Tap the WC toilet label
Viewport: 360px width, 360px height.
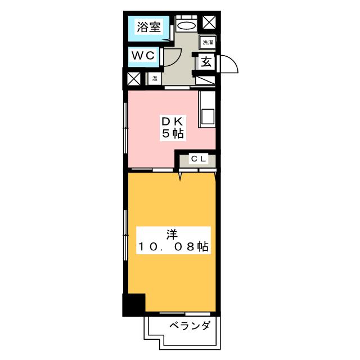click(143, 56)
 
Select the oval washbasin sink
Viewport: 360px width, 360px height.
click(186, 25)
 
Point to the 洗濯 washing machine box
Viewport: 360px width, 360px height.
click(208, 42)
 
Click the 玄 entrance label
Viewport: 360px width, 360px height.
click(206, 62)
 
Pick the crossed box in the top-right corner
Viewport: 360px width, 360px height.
click(209, 22)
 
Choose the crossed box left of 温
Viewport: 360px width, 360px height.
click(134, 79)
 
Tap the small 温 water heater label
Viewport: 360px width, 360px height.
click(154, 78)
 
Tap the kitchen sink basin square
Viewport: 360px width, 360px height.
click(206, 116)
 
